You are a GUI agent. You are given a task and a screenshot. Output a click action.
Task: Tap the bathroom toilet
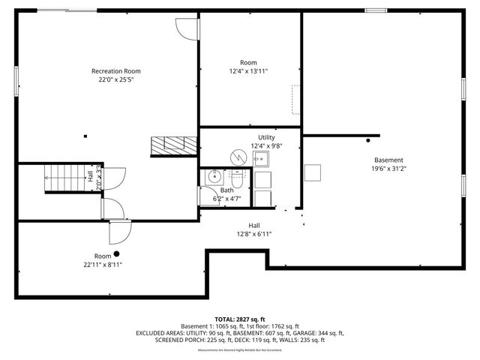tap(237, 181)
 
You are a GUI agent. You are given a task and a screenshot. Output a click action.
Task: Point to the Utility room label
tap(266, 137)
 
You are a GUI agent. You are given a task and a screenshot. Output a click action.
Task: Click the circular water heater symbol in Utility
tap(238, 157)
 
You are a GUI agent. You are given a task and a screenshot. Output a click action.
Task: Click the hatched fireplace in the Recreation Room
tap(166, 145)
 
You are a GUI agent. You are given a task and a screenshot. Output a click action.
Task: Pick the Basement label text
tap(389, 160)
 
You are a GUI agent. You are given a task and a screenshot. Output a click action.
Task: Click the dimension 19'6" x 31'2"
tap(389, 169)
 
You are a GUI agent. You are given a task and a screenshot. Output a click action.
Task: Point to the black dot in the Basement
tap(368, 139)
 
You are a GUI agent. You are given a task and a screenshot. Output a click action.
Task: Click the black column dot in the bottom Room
tap(116, 253)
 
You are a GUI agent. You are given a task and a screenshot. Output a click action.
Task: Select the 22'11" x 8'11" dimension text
tap(103, 264)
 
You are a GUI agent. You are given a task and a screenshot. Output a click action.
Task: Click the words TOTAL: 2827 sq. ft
tap(239, 319)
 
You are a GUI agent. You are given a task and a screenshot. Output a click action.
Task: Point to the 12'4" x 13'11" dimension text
tap(248, 70)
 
